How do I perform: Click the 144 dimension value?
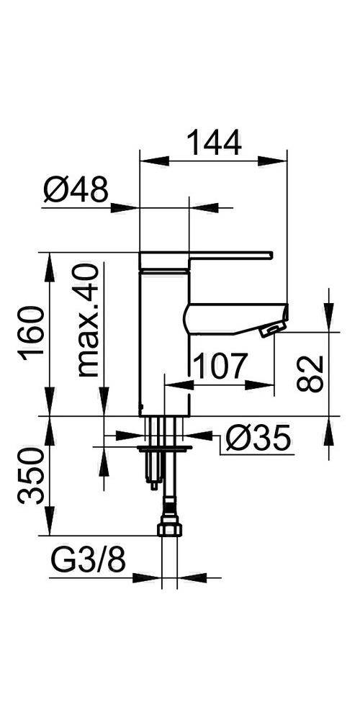click(x=213, y=142)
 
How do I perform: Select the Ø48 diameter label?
click(x=76, y=192)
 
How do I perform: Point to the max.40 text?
click(x=88, y=320)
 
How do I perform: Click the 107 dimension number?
click(x=219, y=366)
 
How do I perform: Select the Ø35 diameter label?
click(x=256, y=437)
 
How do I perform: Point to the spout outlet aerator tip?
click(x=269, y=330)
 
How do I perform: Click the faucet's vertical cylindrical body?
click(x=163, y=338)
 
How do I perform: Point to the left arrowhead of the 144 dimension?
click(x=144, y=160)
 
